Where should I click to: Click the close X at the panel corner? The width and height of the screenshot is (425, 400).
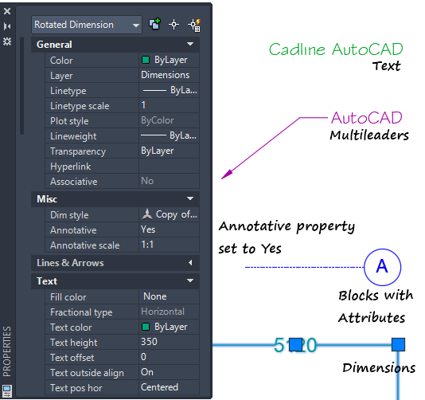[x=7, y=11]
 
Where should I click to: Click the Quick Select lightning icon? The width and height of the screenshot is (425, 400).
[x=194, y=25]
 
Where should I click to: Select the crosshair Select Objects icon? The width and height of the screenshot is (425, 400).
[x=174, y=25]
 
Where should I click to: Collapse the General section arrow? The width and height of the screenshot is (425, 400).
[x=190, y=44]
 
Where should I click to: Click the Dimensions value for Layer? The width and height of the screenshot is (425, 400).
[x=165, y=75]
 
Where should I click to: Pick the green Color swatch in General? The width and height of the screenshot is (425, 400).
[x=146, y=60]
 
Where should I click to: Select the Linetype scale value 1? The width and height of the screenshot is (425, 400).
[x=143, y=105]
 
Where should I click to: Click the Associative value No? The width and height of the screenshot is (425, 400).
[x=147, y=181]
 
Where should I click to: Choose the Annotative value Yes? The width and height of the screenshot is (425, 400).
[x=148, y=229]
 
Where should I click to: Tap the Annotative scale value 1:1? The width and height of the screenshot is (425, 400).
[x=147, y=245]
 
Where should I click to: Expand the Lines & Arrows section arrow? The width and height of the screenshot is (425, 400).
[x=190, y=263]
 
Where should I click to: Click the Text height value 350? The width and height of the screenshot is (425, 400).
[x=149, y=342]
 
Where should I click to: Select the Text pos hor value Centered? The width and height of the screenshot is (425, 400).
[x=159, y=387]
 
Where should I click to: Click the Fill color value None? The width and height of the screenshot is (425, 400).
[x=154, y=296]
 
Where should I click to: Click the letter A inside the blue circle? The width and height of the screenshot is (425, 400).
[x=382, y=266]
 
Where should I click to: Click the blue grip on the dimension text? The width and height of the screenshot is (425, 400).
[x=295, y=345]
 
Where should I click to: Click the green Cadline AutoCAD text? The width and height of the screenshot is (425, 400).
[x=336, y=49]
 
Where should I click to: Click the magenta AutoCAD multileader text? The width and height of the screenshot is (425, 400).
[x=366, y=118]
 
